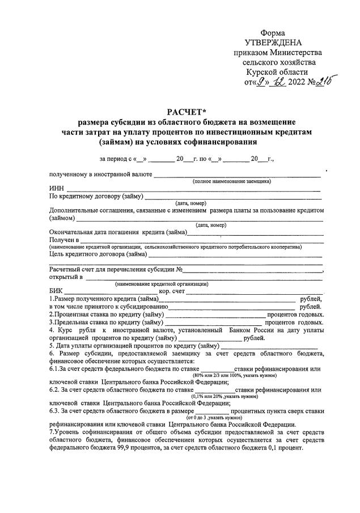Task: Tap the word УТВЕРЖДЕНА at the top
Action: point(273,43)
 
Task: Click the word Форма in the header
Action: point(273,33)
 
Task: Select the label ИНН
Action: point(56,189)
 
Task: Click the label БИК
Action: point(56,292)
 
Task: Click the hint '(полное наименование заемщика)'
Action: point(232,181)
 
